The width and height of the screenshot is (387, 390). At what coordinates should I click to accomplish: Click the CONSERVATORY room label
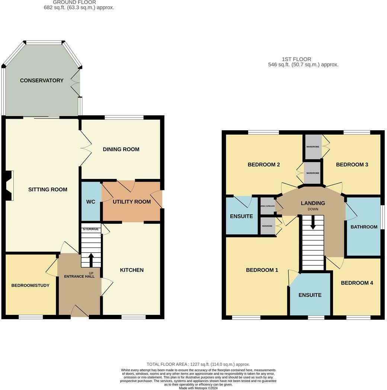[42, 80]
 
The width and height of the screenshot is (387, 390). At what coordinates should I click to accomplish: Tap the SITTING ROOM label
[48, 189]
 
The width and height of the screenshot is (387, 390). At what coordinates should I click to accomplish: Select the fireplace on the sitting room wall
[10, 186]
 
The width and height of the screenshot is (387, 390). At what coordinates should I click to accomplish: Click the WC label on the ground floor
[91, 202]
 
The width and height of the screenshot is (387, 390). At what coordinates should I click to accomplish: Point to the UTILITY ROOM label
[132, 202]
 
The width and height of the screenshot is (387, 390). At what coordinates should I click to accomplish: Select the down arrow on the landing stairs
[313, 223]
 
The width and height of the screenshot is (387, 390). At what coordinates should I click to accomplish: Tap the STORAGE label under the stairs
[91, 229]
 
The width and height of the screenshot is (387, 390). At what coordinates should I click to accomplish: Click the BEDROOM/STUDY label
[30, 285]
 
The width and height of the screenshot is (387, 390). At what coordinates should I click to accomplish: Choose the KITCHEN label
[132, 270]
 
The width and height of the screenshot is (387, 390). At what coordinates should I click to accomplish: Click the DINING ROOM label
[121, 149]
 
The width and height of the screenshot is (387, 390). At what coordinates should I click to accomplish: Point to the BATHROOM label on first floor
[364, 227]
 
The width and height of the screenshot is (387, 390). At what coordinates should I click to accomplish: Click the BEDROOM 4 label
[357, 283]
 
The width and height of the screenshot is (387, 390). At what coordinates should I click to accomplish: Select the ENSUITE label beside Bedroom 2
[241, 216]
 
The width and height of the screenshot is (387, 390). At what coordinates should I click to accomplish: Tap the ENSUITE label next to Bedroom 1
[310, 295]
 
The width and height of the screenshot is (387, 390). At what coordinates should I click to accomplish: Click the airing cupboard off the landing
[267, 206]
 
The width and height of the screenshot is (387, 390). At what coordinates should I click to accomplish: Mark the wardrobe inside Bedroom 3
[313, 147]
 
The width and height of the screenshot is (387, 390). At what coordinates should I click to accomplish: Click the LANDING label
[313, 203]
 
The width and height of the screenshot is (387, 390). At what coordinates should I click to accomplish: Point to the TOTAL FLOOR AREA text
[198, 364]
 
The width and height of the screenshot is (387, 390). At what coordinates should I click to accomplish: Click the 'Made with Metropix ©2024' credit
[198, 388]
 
